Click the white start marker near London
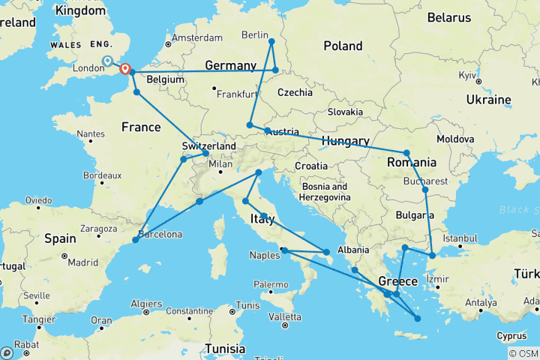[107, 61]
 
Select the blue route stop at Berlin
[271, 41]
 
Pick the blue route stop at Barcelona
[135, 239]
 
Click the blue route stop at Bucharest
[425, 190]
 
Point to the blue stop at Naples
[283, 250]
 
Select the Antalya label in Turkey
[483, 303]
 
